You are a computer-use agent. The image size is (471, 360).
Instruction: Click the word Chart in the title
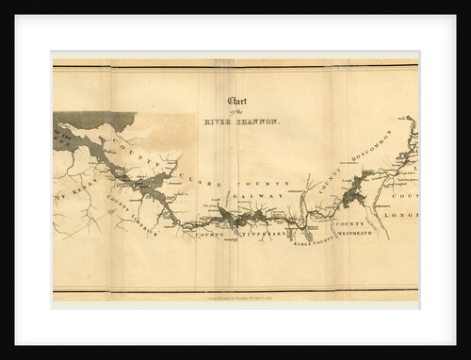click(x=238, y=102)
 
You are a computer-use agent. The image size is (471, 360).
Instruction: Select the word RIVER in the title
click(x=219, y=122)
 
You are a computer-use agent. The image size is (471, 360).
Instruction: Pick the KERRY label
click(x=75, y=199)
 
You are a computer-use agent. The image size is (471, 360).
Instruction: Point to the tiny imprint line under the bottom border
click(x=235, y=296)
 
